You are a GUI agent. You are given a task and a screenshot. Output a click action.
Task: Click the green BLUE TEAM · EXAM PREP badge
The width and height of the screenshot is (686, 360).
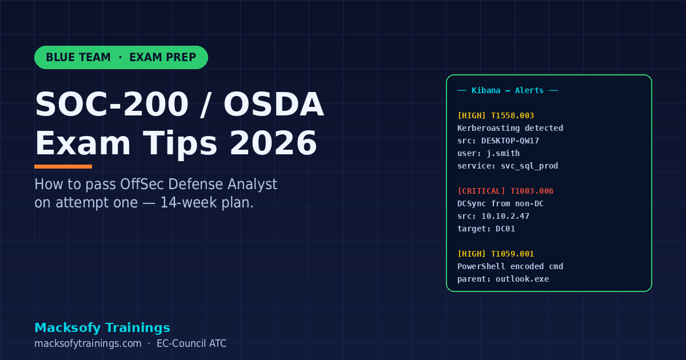[121, 57]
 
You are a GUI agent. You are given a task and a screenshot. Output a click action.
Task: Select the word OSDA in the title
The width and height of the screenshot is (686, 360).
[273, 105]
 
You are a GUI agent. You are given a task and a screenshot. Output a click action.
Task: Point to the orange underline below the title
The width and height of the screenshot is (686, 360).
[63, 166]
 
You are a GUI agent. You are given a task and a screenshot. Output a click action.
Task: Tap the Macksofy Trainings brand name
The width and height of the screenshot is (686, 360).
[102, 327]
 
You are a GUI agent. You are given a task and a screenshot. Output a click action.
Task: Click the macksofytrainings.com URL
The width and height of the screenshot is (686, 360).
[87, 343]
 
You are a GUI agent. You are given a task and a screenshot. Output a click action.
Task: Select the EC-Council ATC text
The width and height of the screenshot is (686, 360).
[192, 343]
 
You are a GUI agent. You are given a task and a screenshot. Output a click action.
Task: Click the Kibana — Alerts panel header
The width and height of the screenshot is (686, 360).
[508, 90]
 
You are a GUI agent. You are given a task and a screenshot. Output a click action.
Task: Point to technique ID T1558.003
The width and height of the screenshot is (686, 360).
[512, 115]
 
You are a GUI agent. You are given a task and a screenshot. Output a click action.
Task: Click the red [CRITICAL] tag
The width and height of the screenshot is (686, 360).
[481, 191]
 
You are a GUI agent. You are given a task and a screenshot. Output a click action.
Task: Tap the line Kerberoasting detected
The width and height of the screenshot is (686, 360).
[510, 128]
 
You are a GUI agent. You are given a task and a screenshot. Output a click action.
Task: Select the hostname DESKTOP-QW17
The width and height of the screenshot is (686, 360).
[510, 141]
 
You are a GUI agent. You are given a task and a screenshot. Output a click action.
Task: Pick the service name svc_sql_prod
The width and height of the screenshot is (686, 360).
[529, 166]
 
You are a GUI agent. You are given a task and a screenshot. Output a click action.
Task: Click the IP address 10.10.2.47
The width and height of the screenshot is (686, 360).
[505, 216]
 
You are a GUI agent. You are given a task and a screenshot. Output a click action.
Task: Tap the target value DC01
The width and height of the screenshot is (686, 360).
[505, 229]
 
